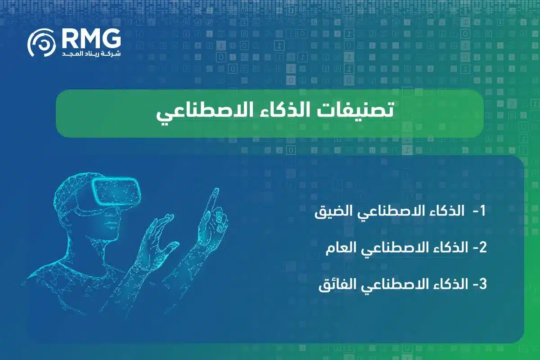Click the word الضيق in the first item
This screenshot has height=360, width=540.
[x=331, y=212]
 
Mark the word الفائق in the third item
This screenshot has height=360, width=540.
[x=335, y=285]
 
